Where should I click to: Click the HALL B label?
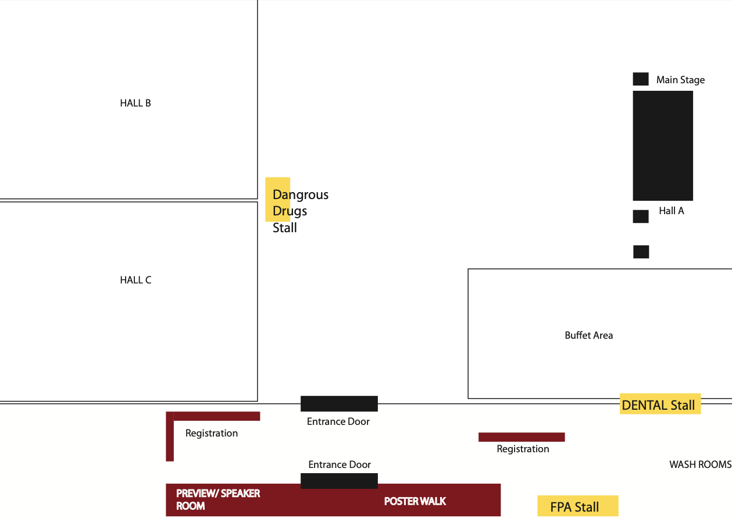[135, 103]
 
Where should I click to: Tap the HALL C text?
[135, 280]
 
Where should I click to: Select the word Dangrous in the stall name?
[301, 195]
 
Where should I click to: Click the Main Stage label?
[680, 80]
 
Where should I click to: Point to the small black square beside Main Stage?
[641, 79]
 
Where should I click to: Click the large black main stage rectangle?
[663, 146]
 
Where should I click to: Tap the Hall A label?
[672, 211]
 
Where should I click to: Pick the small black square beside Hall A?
[641, 217]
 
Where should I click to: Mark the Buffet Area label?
[588, 335]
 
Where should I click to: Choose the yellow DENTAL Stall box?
[660, 404]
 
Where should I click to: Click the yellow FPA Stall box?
[577, 506]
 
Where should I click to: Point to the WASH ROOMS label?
[700, 464]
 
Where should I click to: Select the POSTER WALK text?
[415, 501]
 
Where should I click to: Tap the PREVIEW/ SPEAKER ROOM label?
[218, 499]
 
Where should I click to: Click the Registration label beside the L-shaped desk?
[212, 433]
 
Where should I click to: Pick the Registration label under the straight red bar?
[523, 449]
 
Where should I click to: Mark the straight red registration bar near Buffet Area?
[522, 437]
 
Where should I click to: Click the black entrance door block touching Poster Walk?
[339, 481]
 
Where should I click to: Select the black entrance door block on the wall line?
[339, 403]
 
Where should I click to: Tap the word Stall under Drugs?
[285, 228]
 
